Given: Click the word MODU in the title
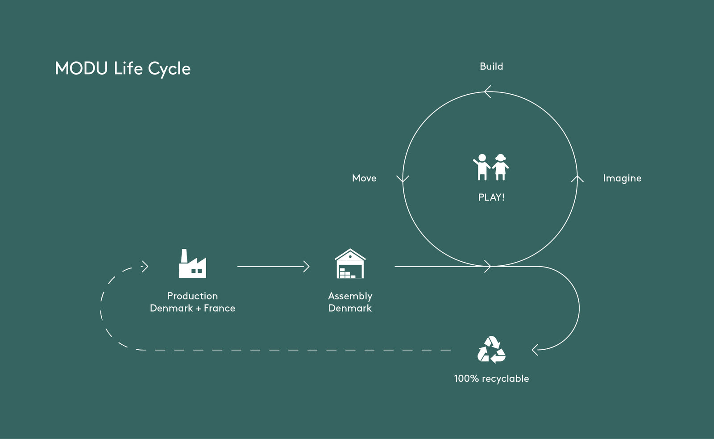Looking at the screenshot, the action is tap(81, 68).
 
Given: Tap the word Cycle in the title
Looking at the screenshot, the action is tap(169, 69).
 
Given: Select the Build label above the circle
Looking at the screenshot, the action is tap(491, 67).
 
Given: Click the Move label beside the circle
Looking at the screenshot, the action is tap(364, 178).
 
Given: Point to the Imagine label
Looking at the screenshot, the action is tap(622, 178).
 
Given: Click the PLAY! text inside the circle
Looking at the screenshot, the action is tap(491, 197).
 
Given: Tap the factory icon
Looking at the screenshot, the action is tap(192, 263).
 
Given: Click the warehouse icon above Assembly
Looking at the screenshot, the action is tap(350, 263).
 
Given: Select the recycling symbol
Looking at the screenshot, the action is tap(491, 350).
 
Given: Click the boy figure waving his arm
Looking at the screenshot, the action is tap(482, 167).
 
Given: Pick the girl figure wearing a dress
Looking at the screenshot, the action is tap(500, 167).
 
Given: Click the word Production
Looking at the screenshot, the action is tap(192, 296).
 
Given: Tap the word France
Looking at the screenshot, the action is tap(219, 308).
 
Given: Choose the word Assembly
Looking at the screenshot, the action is tap(350, 297).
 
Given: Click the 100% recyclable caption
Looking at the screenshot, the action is tap(491, 379).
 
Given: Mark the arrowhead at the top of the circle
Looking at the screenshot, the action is tap(487, 92).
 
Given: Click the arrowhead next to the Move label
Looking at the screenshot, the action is tap(403, 179).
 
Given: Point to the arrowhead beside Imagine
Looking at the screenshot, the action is tap(577, 179).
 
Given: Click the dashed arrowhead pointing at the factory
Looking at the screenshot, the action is tap(145, 267).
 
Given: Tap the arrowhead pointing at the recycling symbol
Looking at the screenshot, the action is tap(535, 350).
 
